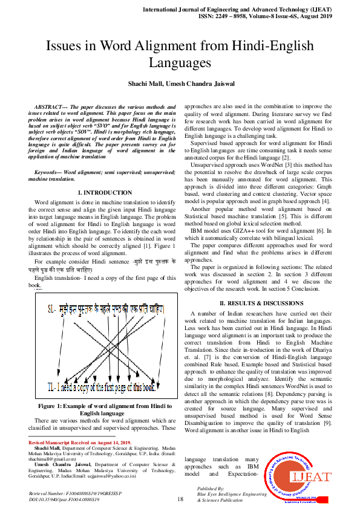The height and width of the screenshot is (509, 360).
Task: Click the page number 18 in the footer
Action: click(180, 499)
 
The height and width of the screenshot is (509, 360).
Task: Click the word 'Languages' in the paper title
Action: click(180, 62)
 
